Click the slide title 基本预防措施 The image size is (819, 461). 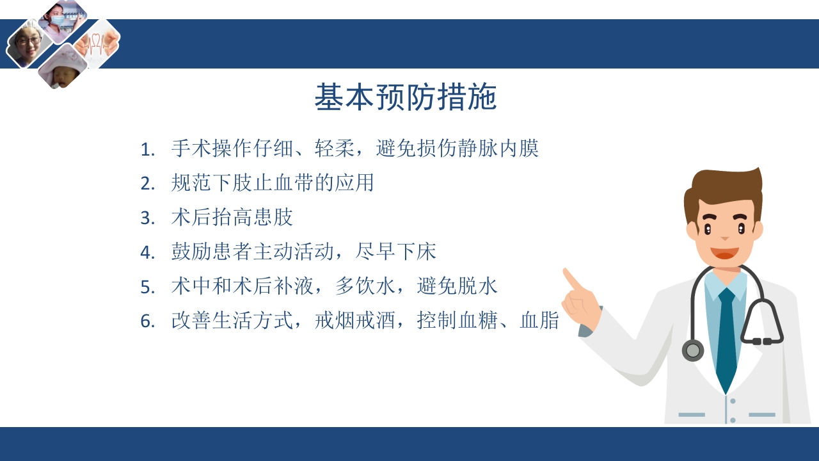coord(406,98)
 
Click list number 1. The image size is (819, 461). coord(148,150)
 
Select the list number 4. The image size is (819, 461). coord(148,253)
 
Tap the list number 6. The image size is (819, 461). coord(148,321)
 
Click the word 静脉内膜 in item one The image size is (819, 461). coord(498,149)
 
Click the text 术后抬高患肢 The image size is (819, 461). coord(232,218)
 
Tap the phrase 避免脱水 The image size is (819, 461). coord(457,286)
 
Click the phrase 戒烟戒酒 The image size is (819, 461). coord(355,321)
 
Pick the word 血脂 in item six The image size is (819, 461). coord(539,321)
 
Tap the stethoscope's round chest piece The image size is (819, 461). coord(692,350)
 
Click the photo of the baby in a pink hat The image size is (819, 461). coord(61,69)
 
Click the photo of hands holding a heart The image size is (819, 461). coord(97,44)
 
